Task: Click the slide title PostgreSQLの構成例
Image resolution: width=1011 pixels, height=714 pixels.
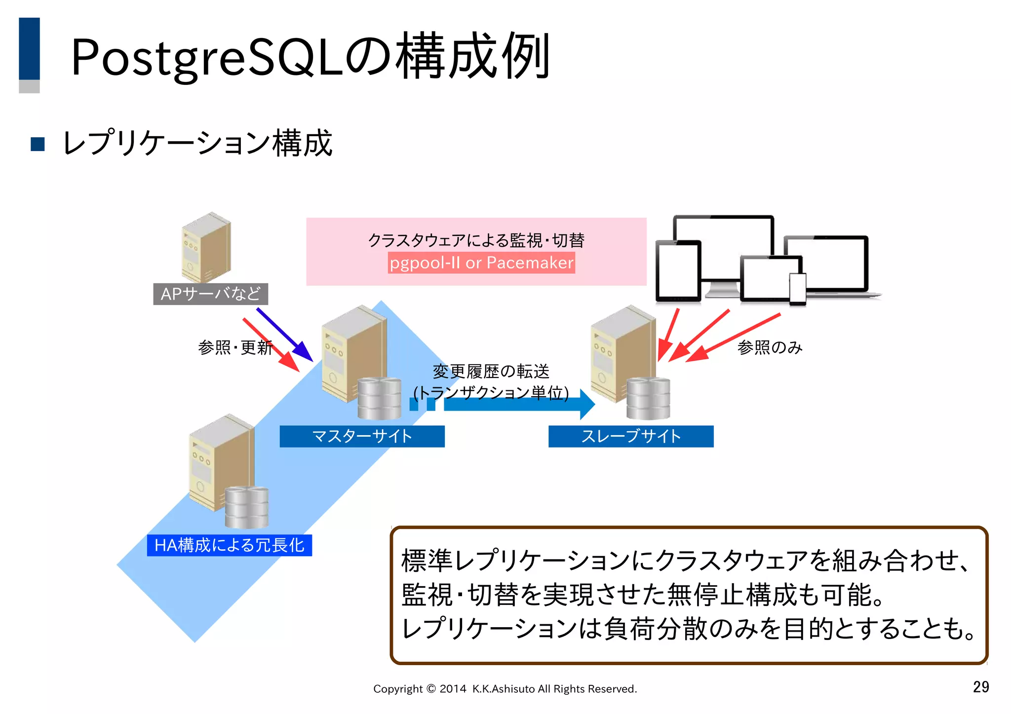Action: click(x=310, y=57)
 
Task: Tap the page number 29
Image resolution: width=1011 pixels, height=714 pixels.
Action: click(x=980, y=687)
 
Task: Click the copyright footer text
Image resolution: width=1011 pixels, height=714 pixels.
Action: click(x=505, y=689)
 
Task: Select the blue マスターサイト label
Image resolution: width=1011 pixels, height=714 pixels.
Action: click(x=362, y=436)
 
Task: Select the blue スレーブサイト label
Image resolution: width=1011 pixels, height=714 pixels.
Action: click(x=630, y=436)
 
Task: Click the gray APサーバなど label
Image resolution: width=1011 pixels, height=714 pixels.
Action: click(x=210, y=294)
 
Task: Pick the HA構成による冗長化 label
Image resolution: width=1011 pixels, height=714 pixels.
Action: click(x=229, y=545)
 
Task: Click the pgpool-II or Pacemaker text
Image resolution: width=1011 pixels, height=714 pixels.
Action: click(x=481, y=263)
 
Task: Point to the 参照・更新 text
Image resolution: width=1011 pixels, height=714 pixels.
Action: click(x=235, y=347)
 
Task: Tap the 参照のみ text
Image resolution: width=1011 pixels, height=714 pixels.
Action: click(x=770, y=347)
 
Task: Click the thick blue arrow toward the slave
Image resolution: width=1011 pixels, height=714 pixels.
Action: click(x=518, y=404)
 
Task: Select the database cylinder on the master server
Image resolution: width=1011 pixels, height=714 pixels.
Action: click(x=379, y=398)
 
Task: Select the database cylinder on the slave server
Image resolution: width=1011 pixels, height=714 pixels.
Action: click(x=648, y=398)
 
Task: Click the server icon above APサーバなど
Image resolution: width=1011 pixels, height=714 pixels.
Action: click(x=206, y=247)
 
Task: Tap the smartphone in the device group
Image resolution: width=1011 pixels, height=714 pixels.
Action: click(x=798, y=289)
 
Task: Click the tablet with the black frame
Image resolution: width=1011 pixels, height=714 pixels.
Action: click(x=678, y=270)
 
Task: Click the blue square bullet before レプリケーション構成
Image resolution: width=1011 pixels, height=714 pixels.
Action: click(x=38, y=144)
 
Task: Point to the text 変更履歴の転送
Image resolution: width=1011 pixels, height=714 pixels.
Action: click(x=491, y=371)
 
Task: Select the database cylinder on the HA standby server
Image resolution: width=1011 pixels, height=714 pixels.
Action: click(x=246, y=507)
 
